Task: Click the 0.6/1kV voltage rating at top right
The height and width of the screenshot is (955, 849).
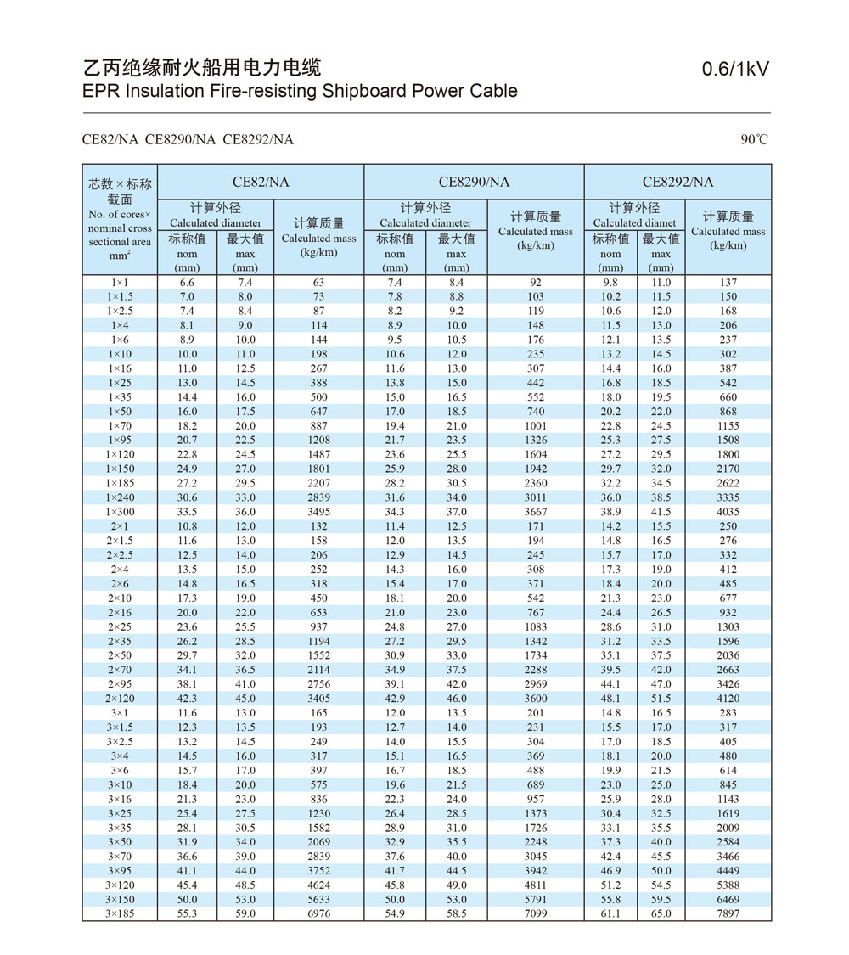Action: (x=735, y=69)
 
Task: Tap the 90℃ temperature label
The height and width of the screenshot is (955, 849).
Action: (x=754, y=139)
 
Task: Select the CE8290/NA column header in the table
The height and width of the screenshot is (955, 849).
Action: (x=474, y=182)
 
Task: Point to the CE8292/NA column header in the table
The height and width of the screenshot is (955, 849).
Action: (x=678, y=182)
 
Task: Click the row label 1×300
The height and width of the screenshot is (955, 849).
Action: (x=120, y=512)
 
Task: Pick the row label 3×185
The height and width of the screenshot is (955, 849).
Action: (x=120, y=913)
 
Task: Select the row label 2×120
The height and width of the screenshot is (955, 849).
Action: (x=120, y=699)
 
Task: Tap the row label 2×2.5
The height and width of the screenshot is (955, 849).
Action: (x=120, y=555)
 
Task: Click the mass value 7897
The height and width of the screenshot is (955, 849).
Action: (x=728, y=913)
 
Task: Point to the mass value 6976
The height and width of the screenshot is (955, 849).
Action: (x=318, y=913)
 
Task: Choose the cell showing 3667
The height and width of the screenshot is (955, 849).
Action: (x=536, y=512)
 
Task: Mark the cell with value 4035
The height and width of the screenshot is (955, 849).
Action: (x=728, y=512)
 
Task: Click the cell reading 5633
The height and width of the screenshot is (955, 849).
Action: (x=318, y=899)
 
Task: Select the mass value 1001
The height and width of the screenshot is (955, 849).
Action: (x=536, y=426)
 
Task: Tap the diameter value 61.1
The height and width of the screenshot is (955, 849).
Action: (x=610, y=913)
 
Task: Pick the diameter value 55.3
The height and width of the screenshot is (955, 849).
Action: (x=187, y=913)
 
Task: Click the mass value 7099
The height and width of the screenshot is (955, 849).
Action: (x=536, y=913)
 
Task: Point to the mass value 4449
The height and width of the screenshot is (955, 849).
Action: (x=728, y=870)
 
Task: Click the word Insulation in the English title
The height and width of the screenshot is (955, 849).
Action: (x=165, y=91)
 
